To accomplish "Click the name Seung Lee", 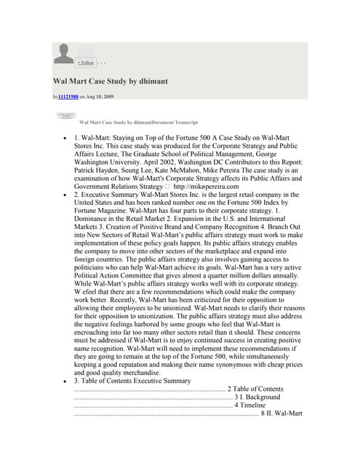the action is tap(141, 167).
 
